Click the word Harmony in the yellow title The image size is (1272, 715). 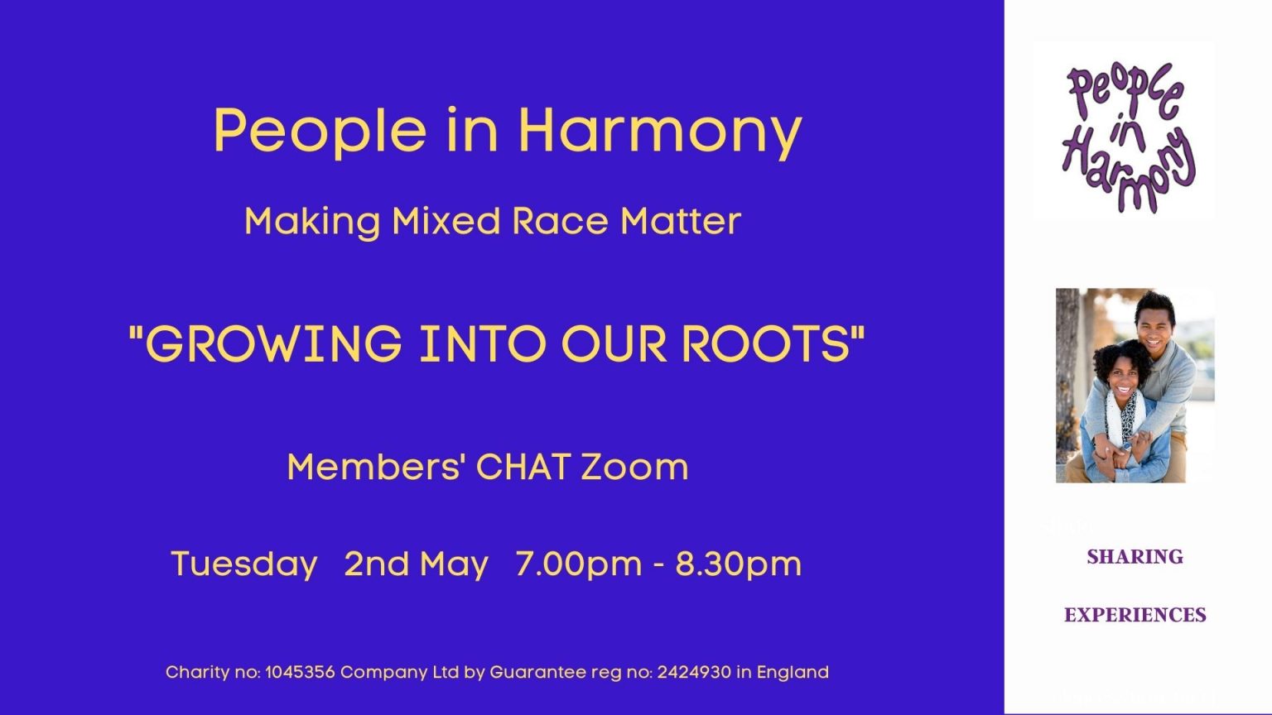(659, 131)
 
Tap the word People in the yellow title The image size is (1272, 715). (320, 131)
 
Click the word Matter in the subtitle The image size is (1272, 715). (681, 221)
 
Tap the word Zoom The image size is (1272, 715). (634, 467)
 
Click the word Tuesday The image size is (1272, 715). (244, 564)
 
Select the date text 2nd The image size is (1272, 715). (377, 564)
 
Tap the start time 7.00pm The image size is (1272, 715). (578, 564)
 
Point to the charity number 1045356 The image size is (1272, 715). (300, 672)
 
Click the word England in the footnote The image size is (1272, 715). (793, 672)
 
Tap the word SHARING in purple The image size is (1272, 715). (1135, 557)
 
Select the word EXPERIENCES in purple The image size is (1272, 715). (1135, 615)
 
